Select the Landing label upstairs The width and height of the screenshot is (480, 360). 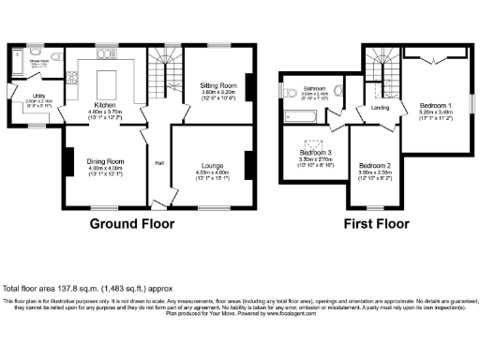tap(379, 109)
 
